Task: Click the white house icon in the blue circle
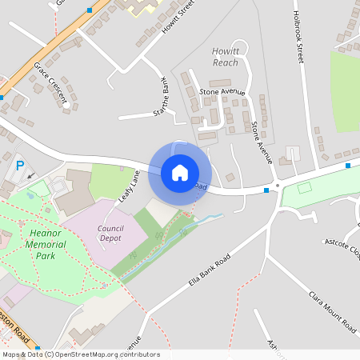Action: [x=180, y=172]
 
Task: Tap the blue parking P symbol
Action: [x=20, y=166]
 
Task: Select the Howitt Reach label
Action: [x=226, y=57]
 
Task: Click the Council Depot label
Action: [x=110, y=233]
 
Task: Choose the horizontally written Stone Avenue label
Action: [x=222, y=92]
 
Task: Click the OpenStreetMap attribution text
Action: [x=80, y=354]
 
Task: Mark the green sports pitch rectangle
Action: [x=304, y=189]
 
